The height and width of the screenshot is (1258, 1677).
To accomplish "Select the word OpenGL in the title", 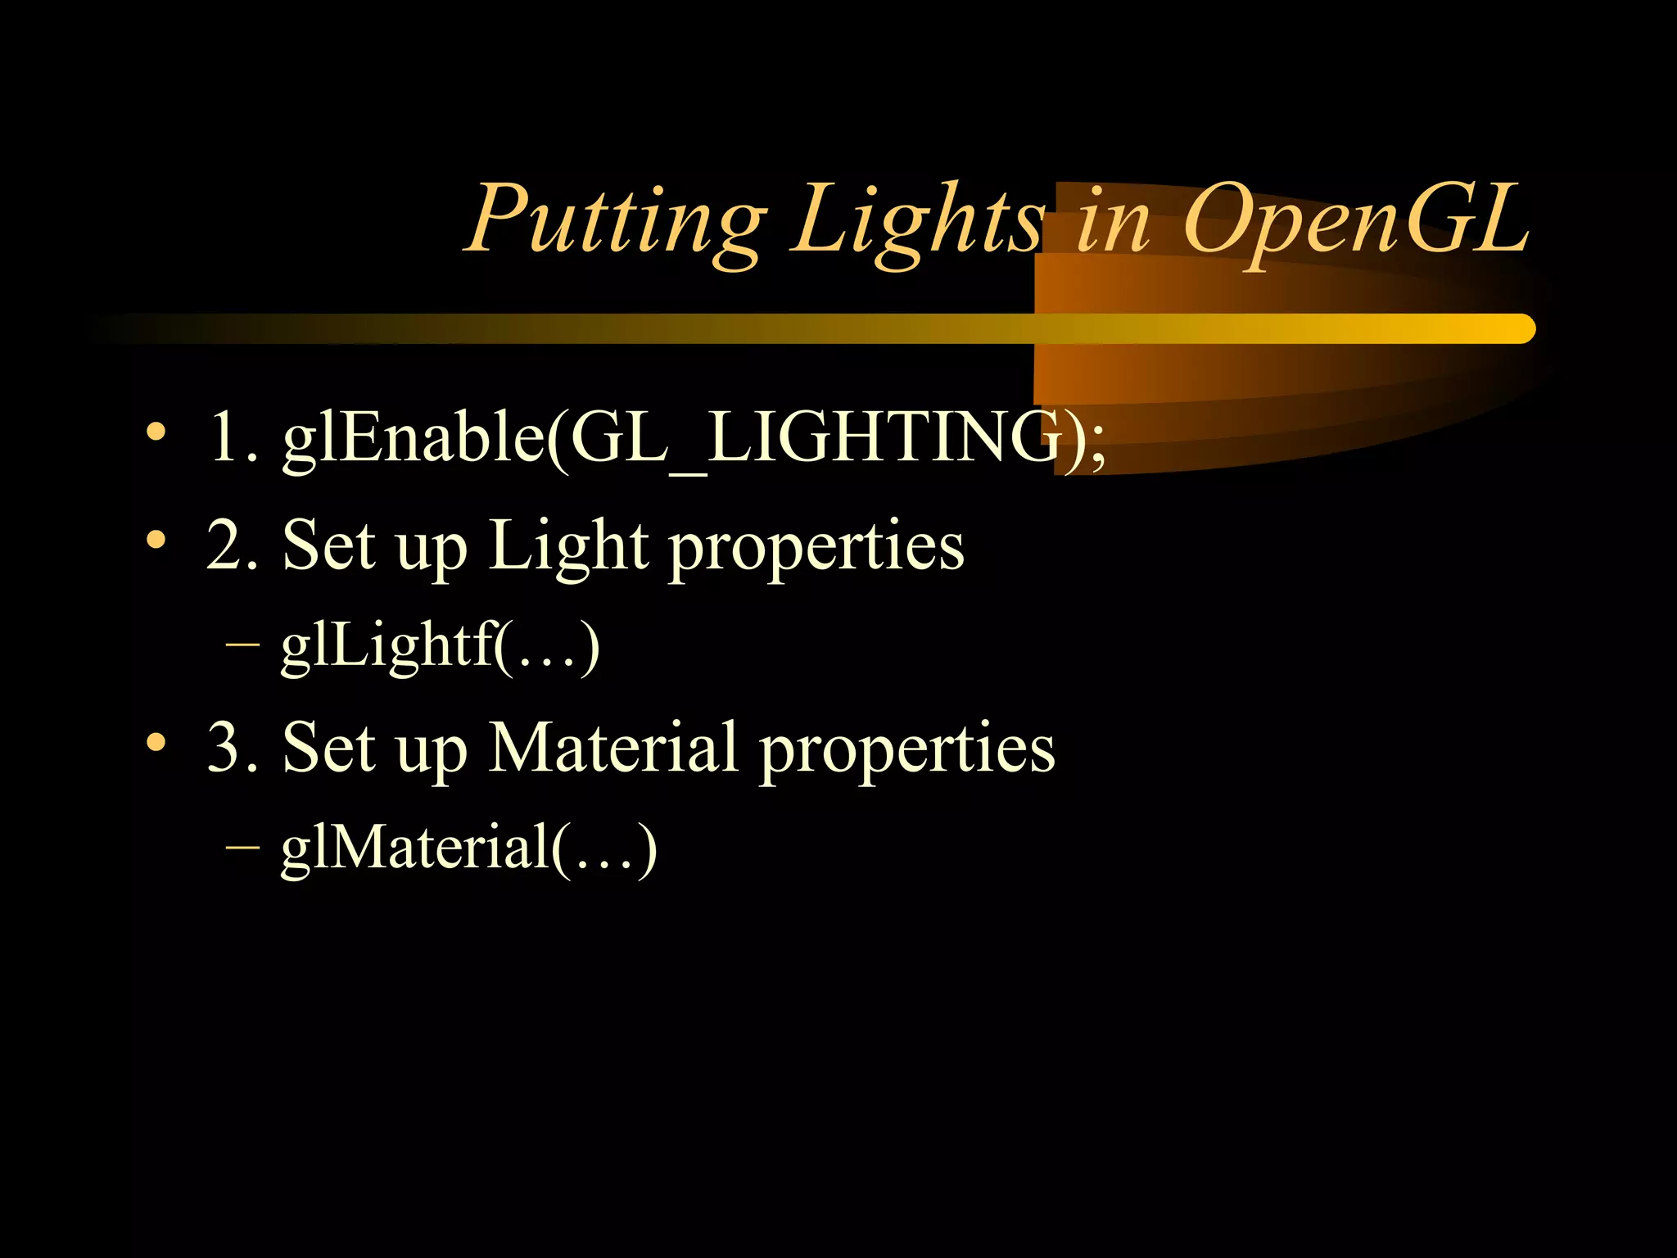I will [1355, 219].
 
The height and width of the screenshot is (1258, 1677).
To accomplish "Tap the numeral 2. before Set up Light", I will [233, 546].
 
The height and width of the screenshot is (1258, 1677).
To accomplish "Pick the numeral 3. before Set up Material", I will [233, 747].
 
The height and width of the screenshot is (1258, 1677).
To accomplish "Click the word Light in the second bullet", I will [569, 546].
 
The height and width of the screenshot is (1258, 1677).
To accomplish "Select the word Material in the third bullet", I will [614, 747].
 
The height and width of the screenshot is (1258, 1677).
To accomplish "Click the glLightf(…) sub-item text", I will [441, 647].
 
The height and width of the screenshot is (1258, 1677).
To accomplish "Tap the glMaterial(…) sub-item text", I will [468, 848].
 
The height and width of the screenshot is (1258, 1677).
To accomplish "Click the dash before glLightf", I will [242, 647].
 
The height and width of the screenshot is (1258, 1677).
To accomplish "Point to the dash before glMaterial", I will [242, 848].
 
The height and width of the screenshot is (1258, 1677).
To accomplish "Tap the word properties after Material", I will [907, 749].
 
